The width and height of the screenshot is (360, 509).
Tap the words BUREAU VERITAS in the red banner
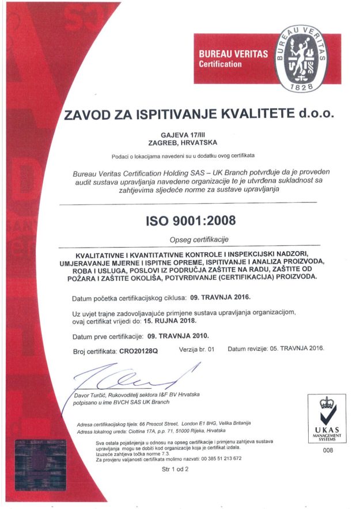click(233, 54)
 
